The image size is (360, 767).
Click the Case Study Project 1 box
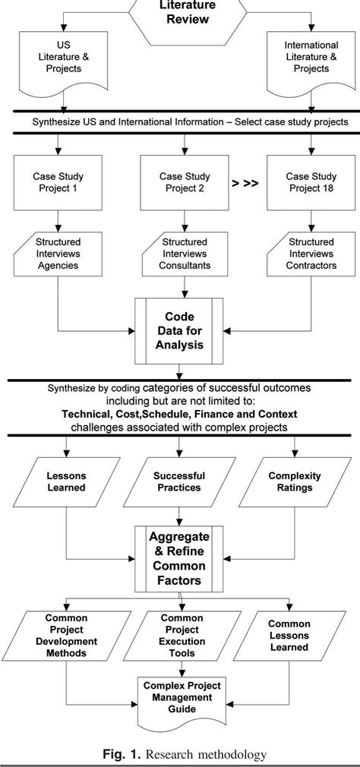tap(54, 182)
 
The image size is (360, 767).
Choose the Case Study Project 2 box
tap(180, 182)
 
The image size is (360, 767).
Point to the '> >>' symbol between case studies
tap(243, 183)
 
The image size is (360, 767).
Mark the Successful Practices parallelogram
tap(180, 481)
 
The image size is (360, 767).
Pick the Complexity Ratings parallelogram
tap(295, 481)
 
